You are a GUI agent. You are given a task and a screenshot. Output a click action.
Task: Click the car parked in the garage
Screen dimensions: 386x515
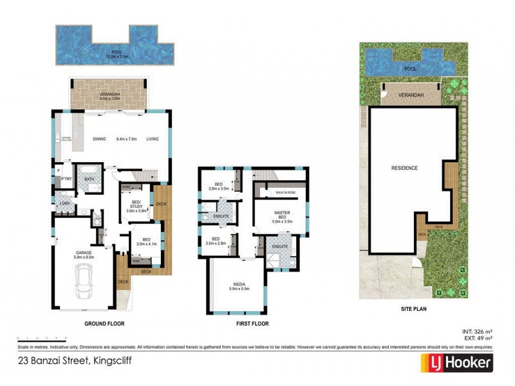tap(84, 283)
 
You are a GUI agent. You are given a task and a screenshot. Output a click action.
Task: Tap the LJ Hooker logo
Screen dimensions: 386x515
tap(457, 363)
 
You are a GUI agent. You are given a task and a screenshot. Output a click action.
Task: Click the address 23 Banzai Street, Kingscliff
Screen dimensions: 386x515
tap(75, 361)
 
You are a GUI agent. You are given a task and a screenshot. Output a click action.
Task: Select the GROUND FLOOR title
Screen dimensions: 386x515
tap(104, 324)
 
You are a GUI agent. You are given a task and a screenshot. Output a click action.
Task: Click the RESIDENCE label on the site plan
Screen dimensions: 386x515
tap(405, 168)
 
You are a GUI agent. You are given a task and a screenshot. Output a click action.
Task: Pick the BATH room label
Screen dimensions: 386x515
tap(89, 179)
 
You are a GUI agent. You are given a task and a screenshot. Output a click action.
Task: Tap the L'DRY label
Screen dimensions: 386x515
tap(64, 204)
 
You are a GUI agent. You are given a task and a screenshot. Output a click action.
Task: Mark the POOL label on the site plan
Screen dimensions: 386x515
tap(409, 68)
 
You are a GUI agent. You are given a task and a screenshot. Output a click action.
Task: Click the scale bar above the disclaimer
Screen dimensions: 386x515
tap(42, 338)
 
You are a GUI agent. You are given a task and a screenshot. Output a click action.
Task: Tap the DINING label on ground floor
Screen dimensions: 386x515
tap(99, 139)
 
